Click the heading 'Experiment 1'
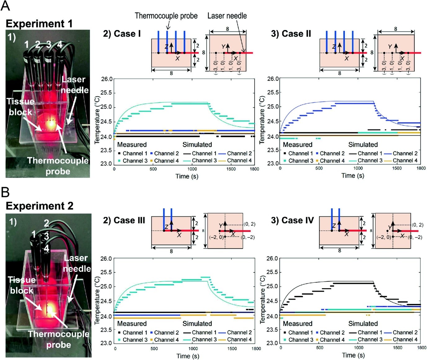tap(39, 24)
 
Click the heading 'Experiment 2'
tap(39, 206)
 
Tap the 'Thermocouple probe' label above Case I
tap(166, 16)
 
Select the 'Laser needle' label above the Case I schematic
tap(227, 16)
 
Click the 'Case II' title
tap(291, 33)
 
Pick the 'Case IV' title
tap(292, 220)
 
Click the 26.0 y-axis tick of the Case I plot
tap(107, 79)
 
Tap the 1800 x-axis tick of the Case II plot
tap(421, 168)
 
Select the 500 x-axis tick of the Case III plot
tap(154, 349)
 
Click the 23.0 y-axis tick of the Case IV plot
tap(272, 343)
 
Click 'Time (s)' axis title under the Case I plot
tap(187, 176)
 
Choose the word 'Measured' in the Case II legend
tap(297, 145)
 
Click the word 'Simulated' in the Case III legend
tap(197, 324)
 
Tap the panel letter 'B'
tap(5, 192)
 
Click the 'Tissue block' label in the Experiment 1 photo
tap(20, 107)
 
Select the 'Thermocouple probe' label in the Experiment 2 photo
tap(58, 339)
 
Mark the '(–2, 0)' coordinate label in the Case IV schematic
tap(383, 237)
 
